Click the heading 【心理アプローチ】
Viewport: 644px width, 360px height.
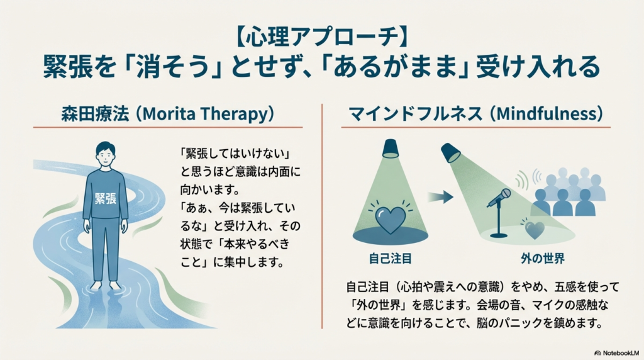click(x=321, y=37)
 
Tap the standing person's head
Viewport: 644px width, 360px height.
click(x=105, y=154)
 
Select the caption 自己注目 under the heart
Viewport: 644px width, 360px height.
click(x=390, y=258)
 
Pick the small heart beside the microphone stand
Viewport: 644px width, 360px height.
click(x=535, y=229)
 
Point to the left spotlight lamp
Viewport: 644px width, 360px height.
click(x=390, y=149)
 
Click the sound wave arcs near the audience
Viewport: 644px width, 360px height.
click(x=523, y=179)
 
